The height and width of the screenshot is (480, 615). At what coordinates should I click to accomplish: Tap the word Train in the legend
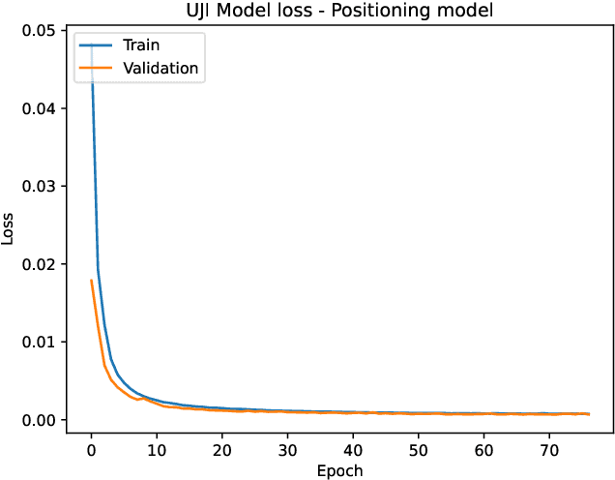tap(141, 45)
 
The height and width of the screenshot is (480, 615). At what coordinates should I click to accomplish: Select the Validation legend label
tap(160, 68)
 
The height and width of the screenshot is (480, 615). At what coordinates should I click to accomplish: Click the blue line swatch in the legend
tap(99, 45)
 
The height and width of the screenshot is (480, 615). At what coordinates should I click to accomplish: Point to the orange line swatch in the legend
tap(99, 68)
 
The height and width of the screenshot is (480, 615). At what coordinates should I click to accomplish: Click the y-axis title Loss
tap(10, 228)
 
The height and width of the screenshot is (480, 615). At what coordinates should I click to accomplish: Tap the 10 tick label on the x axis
tap(157, 449)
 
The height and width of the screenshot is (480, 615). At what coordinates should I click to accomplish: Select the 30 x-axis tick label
tap(287, 449)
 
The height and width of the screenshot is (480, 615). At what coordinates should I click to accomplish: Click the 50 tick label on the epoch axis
tap(418, 449)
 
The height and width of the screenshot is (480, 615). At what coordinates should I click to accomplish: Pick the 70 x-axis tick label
tap(548, 449)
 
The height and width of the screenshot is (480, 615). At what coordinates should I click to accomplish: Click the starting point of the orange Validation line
tap(91, 281)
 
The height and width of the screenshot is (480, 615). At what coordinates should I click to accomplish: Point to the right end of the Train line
tap(588, 413)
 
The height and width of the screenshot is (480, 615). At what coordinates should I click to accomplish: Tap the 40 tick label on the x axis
tap(353, 449)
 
